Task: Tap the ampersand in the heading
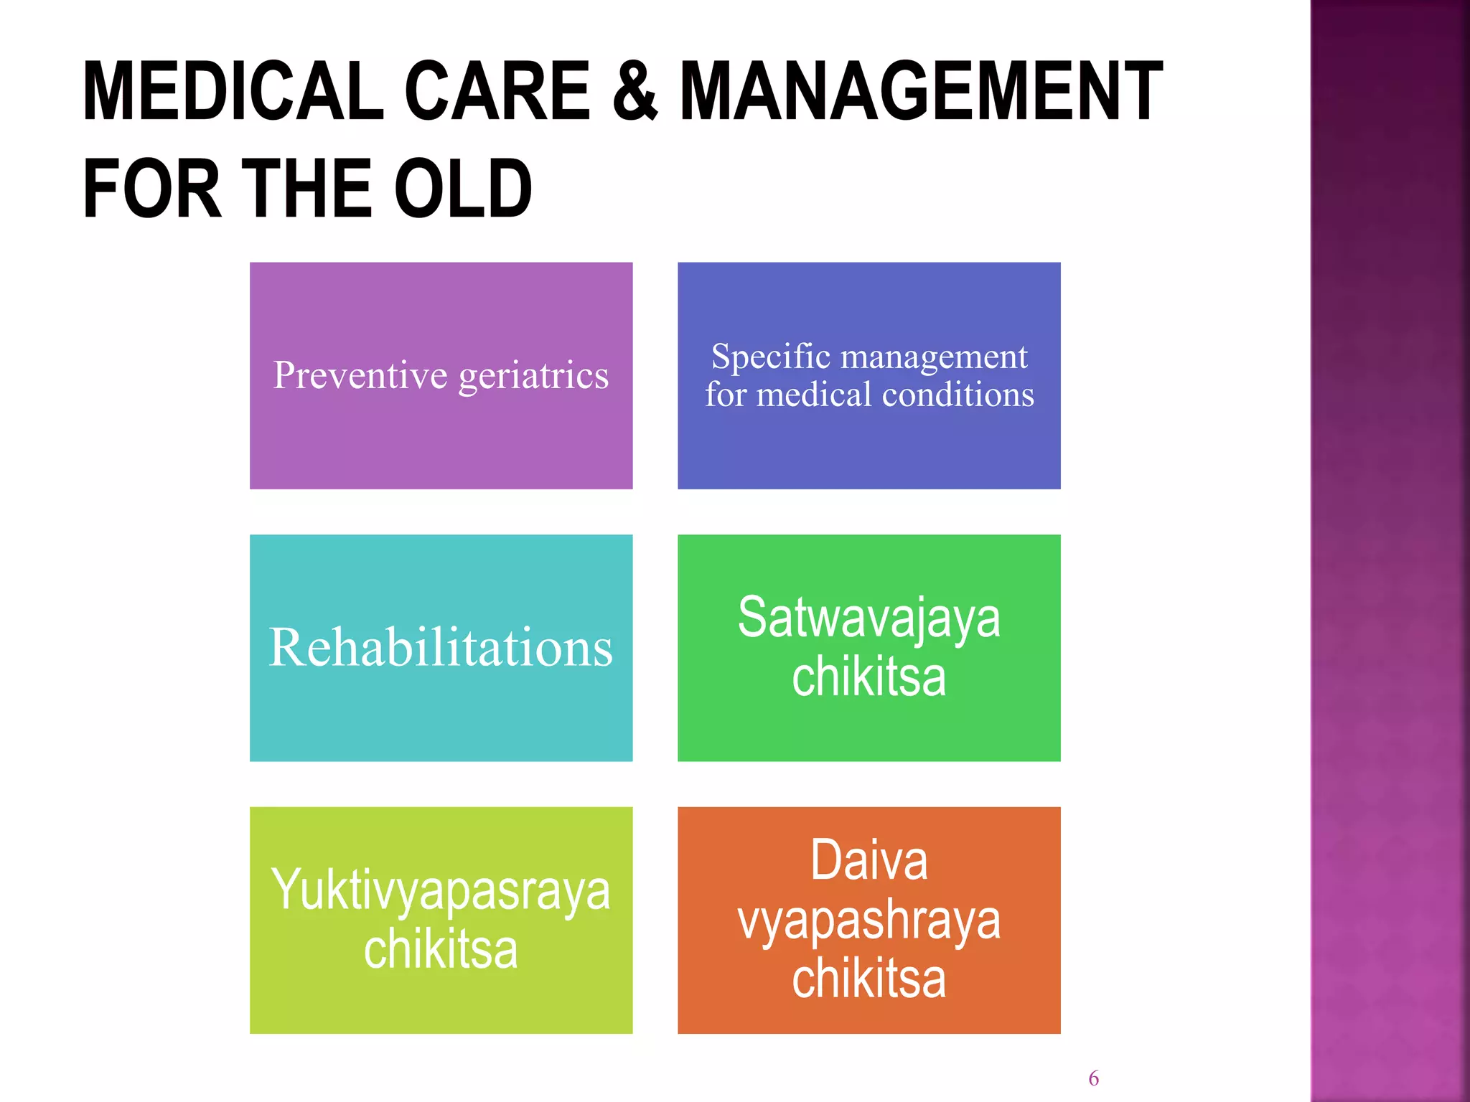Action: (635, 92)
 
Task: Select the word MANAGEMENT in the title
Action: (920, 92)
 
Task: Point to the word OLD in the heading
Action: (463, 189)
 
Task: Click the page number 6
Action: (1093, 1078)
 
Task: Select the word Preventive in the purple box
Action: (360, 375)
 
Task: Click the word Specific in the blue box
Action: (770, 357)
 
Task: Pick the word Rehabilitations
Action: (441, 648)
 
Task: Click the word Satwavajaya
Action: (869, 619)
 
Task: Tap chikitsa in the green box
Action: (869, 677)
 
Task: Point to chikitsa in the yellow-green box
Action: (441, 950)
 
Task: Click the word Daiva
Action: (869, 860)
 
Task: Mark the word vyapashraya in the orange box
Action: (869, 922)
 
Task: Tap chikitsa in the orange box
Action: (869, 979)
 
